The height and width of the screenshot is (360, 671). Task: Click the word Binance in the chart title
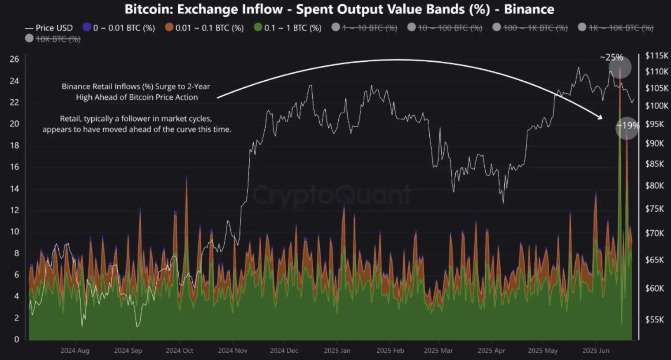click(529, 9)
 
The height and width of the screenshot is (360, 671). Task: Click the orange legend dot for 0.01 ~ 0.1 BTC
click(169, 27)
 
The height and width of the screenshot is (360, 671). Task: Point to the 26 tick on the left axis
click(15, 59)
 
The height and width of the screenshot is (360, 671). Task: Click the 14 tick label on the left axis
click(15, 189)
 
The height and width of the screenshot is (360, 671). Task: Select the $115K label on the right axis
click(656, 56)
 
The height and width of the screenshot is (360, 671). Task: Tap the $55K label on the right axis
click(654, 319)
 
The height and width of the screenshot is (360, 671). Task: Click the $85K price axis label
click(654, 164)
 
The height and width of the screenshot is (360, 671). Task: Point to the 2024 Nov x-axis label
click(232, 351)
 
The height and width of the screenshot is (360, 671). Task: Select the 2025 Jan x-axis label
click(337, 351)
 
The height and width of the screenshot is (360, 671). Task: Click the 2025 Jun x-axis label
click(596, 351)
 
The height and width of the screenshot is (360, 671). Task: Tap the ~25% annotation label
click(611, 58)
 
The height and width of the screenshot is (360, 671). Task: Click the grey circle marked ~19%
click(627, 127)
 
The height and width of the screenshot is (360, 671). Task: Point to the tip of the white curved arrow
click(602, 118)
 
